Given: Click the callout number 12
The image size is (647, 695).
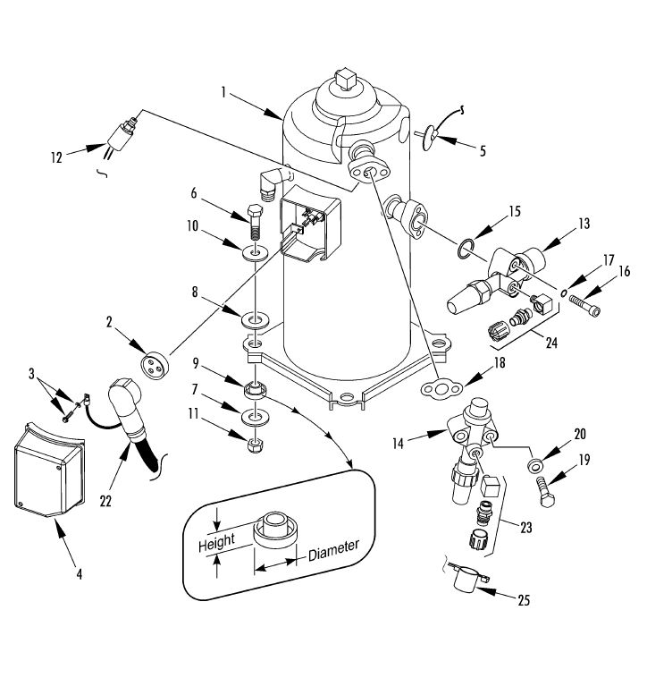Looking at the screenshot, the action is (56, 157).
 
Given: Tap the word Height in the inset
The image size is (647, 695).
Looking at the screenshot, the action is (216, 542).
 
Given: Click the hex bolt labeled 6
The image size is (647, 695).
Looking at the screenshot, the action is (255, 222).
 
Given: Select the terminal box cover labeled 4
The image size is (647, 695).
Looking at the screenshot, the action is (49, 470).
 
